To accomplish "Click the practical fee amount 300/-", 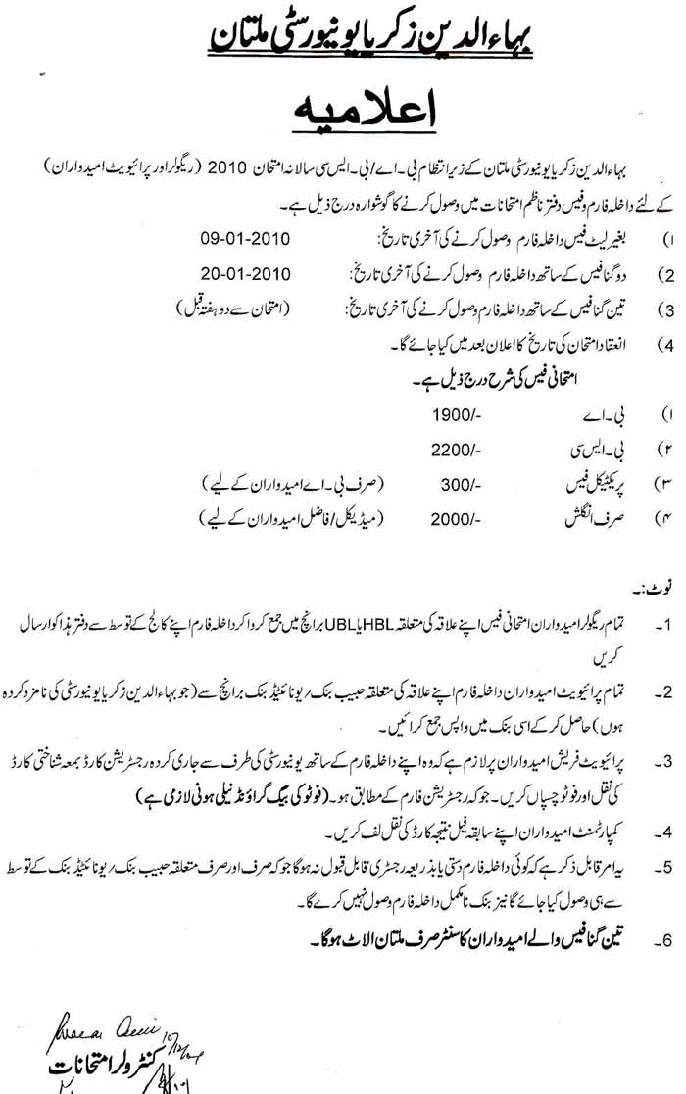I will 460,483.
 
